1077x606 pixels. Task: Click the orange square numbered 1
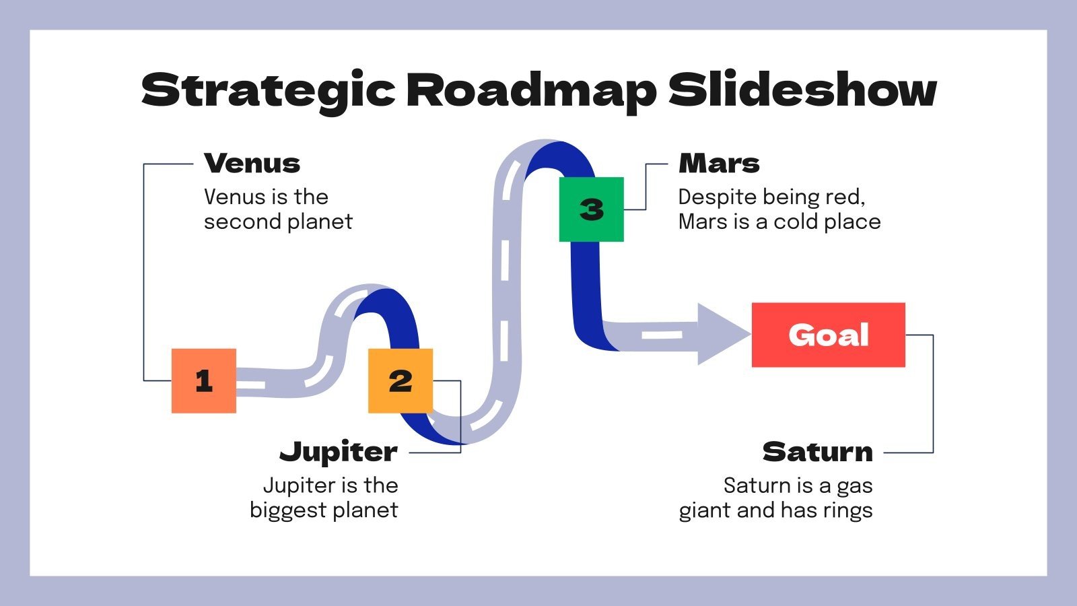point(203,380)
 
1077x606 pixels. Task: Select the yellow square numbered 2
point(400,380)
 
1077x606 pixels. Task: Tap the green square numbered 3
point(591,209)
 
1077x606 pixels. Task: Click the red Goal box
point(828,335)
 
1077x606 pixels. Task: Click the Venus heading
point(252,164)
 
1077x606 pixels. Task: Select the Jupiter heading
point(339,452)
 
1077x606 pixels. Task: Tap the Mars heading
point(719,164)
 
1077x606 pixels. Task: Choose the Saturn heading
point(817,452)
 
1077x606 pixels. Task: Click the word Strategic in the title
point(268,90)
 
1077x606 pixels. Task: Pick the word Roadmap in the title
point(531,90)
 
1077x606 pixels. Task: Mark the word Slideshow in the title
point(802,90)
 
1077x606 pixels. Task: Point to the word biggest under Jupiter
point(288,510)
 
